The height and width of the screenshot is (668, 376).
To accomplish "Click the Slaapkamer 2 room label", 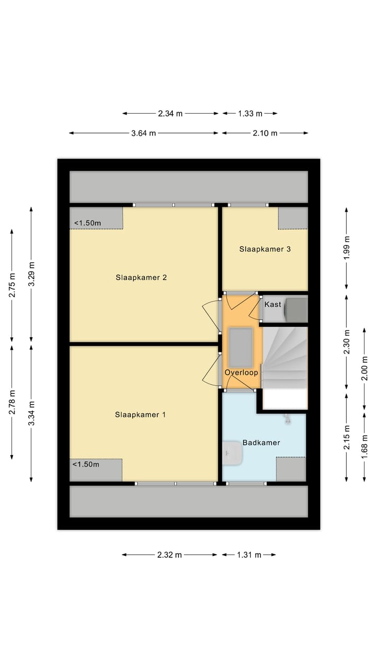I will [x=141, y=278].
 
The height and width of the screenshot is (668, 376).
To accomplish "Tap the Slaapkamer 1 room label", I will [x=140, y=415].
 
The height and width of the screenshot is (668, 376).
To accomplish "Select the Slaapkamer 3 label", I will [x=265, y=249].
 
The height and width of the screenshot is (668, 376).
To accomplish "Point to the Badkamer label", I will [x=261, y=443].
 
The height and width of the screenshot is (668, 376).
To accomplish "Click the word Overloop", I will [x=241, y=373].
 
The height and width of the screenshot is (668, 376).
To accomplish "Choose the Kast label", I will [x=273, y=304].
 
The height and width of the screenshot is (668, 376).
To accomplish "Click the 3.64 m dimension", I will [x=144, y=133].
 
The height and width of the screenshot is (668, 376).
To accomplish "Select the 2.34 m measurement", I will [x=170, y=113].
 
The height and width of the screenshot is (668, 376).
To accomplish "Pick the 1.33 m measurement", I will [x=250, y=113].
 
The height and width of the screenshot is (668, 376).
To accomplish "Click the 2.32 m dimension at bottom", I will [x=169, y=555].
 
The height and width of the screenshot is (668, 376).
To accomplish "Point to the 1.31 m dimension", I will [x=249, y=555].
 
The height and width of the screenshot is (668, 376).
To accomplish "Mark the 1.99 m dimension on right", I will [x=347, y=248].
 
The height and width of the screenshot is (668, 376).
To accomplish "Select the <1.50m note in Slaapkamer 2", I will [x=87, y=223].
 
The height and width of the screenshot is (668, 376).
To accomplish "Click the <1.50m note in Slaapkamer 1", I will [x=86, y=464].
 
